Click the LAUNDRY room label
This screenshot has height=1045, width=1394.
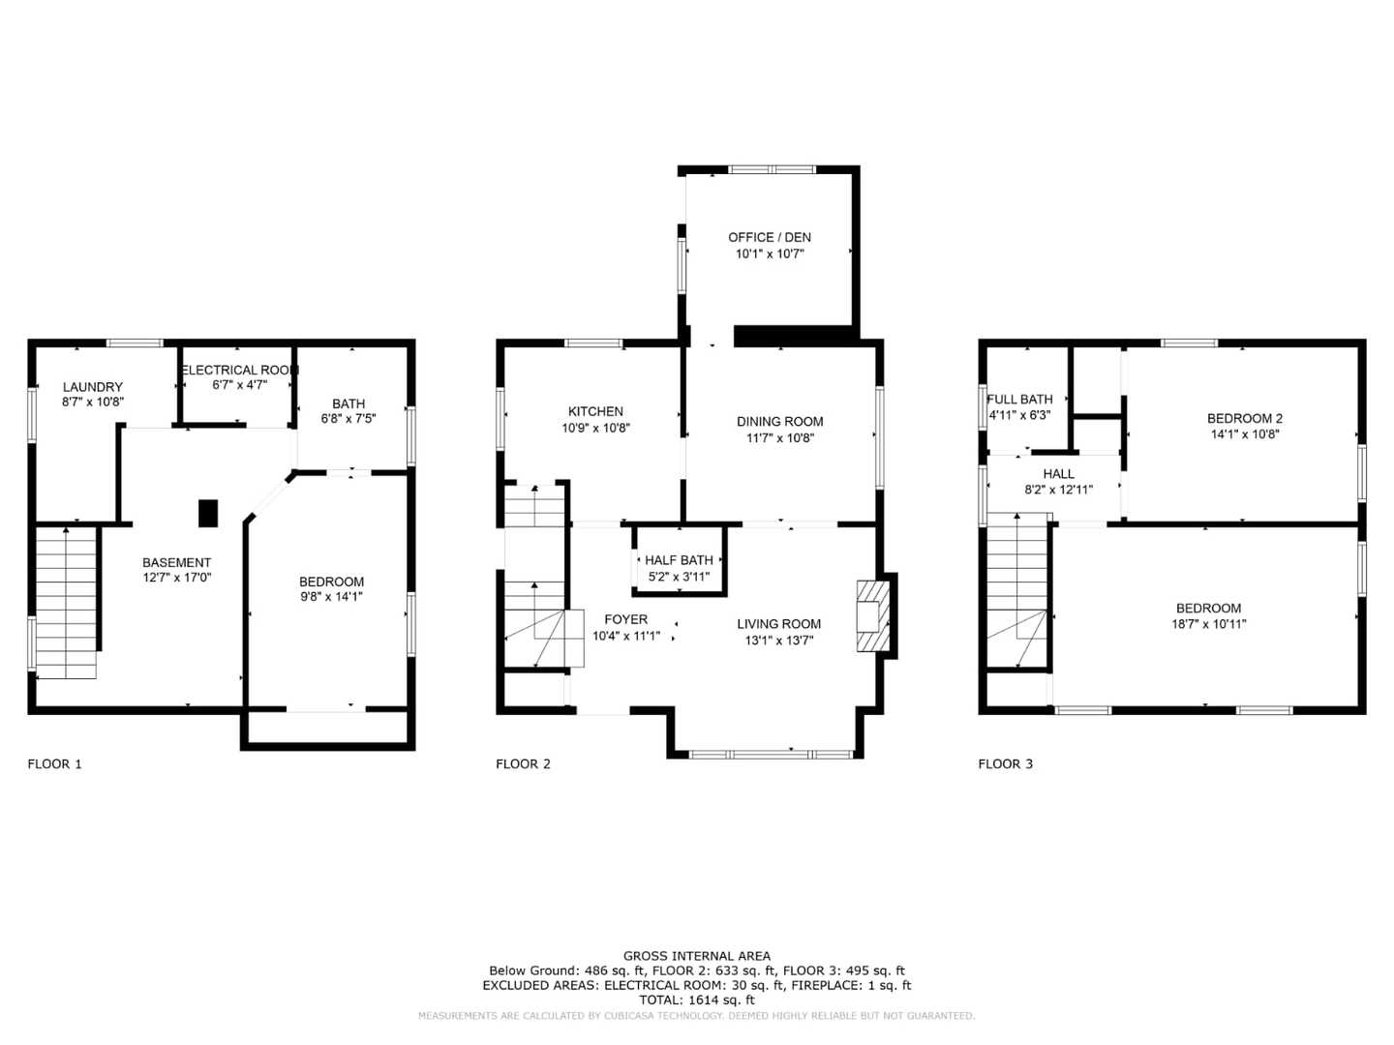coord(93,387)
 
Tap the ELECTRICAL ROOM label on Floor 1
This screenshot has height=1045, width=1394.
coord(239,370)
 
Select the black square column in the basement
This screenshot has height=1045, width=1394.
coord(208,513)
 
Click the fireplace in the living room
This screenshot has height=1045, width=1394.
coord(872,616)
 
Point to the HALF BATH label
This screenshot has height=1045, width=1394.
coord(679,560)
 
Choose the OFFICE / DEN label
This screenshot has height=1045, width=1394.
coord(770,237)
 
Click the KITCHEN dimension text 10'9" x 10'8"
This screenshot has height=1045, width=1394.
coord(595,428)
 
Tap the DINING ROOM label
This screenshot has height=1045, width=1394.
coord(779,421)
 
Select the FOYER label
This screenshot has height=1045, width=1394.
coord(626,619)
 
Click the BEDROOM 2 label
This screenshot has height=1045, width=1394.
coord(1244,418)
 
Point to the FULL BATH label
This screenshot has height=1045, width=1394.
coord(1019,399)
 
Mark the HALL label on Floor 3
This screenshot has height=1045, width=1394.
coord(1058,474)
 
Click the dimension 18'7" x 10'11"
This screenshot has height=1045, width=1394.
coord(1208,624)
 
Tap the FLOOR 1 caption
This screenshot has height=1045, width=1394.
coord(54,763)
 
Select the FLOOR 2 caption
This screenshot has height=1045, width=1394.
coord(523,763)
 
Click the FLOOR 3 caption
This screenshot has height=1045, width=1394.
coord(1005,763)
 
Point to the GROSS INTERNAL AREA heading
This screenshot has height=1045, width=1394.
coord(697,956)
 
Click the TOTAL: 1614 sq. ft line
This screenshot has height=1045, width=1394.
coord(697,1000)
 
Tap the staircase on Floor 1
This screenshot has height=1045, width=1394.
coord(66,600)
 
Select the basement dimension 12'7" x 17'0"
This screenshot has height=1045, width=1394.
coord(176,578)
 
